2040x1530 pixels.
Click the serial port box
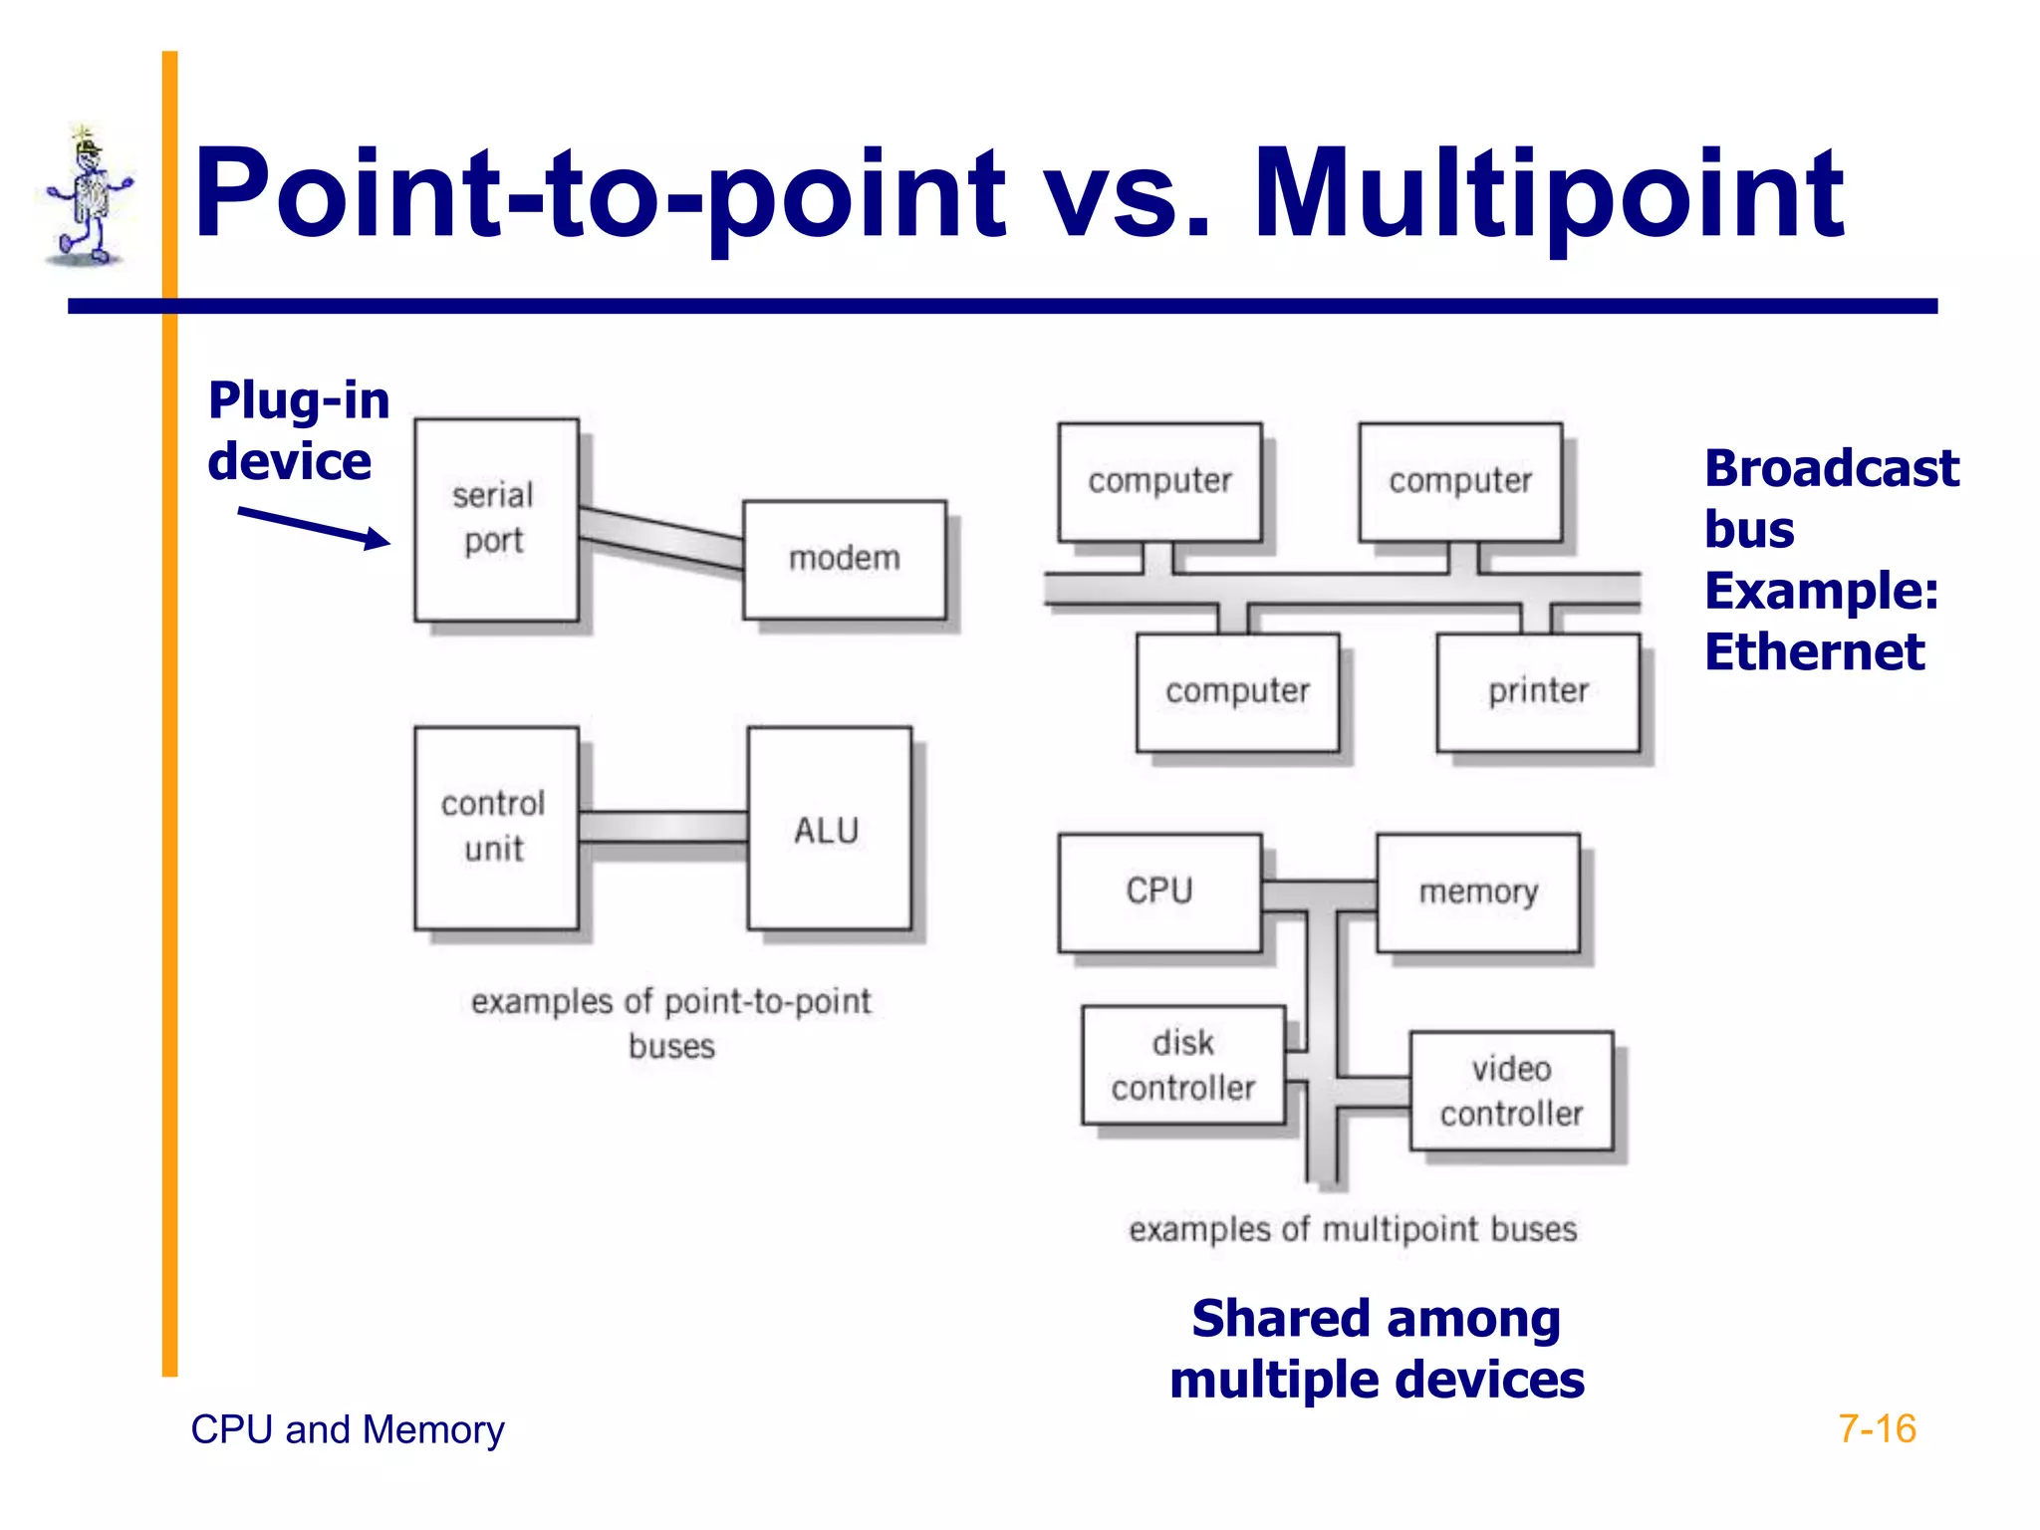496,519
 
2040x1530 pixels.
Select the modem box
844,559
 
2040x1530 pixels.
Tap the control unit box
496,827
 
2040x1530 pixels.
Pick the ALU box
828,829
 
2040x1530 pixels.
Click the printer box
1537,691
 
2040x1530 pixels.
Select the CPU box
1159,892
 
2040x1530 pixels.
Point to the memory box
1477,892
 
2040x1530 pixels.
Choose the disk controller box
1182,1065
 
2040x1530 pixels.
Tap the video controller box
1510,1091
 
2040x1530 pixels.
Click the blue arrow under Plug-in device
315,527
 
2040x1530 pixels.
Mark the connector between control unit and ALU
662,827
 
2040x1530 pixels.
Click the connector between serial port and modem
660,539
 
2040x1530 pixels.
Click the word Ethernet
1814,652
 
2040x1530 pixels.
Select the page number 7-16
1876,1428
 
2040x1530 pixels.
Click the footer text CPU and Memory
347,1429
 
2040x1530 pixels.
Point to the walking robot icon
89,198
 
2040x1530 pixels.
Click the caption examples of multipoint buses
1352,1229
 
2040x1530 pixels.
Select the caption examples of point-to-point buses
670,1022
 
